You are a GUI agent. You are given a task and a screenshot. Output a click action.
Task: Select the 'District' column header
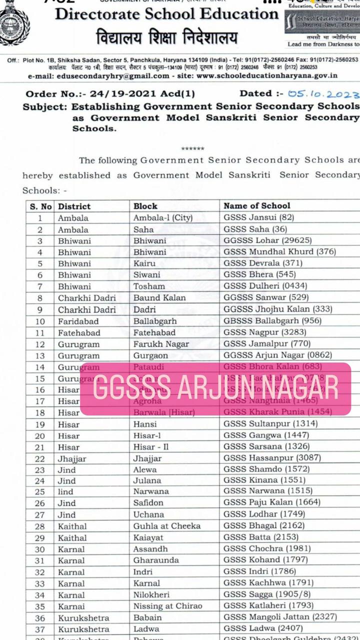coord(74,206)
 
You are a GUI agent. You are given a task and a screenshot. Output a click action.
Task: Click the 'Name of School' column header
coord(256,205)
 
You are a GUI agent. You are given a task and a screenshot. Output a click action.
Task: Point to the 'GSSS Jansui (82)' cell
coord(258,217)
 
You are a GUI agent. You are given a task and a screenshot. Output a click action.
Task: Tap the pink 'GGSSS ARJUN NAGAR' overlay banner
coord(215,389)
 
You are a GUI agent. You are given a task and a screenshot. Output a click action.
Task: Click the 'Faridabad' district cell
coord(78,321)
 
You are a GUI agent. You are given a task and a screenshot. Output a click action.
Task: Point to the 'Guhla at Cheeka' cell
coord(166,526)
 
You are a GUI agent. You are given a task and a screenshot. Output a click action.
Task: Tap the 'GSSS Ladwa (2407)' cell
coord(263,628)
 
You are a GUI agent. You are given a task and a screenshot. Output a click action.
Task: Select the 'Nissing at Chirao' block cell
coord(167,606)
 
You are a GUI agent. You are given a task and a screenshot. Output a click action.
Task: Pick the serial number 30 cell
coord(40,549)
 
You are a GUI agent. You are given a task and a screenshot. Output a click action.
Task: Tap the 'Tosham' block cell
coord(148,286)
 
